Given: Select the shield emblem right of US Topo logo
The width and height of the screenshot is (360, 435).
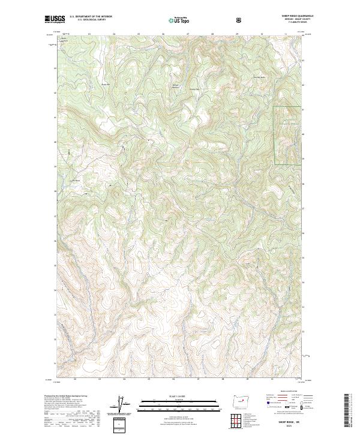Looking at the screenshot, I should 240,20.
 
